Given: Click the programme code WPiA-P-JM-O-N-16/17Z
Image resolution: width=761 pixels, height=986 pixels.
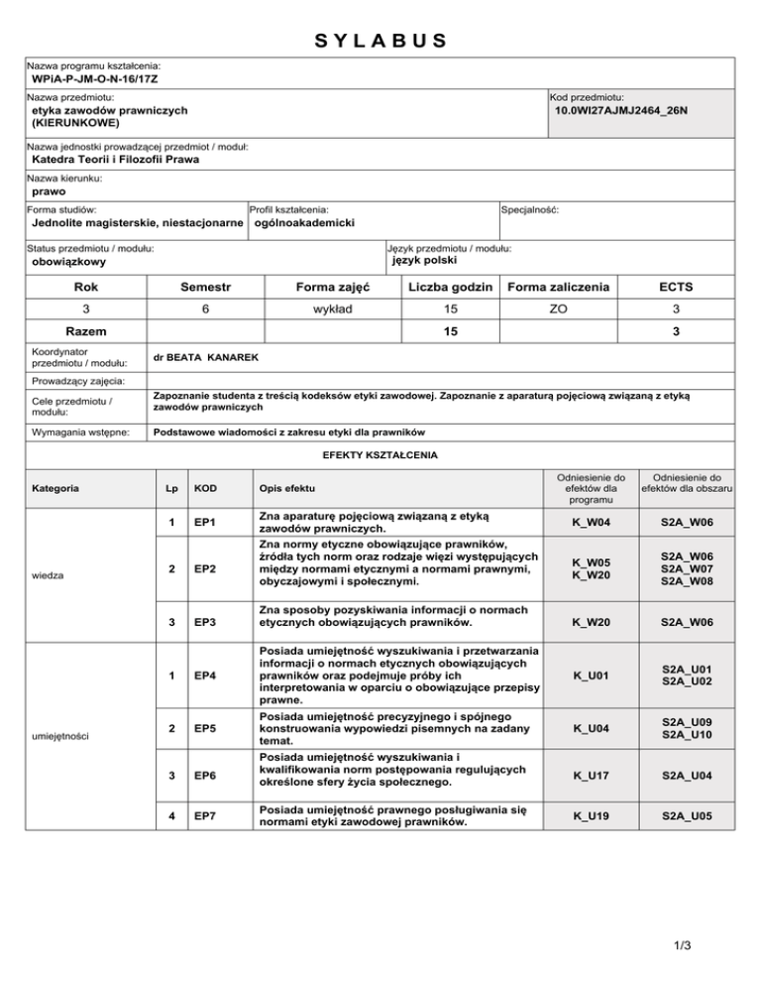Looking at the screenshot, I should pos(95,77).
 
